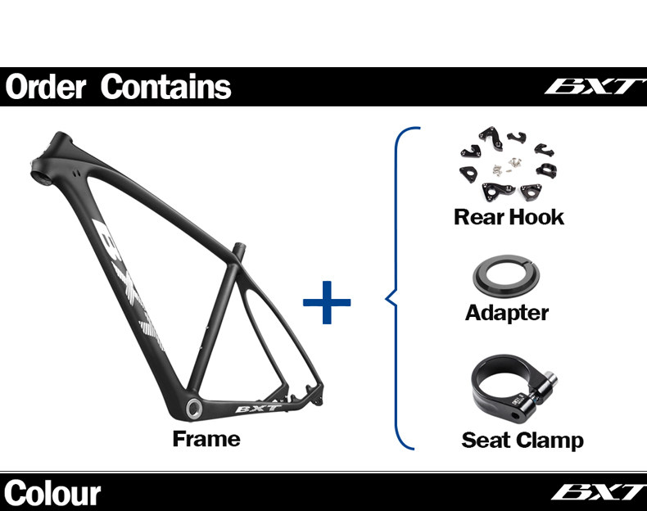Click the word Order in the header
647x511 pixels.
(45, 87)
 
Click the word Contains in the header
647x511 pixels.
(165, 87)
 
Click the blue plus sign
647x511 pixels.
(327, 302)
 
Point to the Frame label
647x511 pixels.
(206, 439)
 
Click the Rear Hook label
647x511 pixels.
(509, 217)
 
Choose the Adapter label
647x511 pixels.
(507, 312)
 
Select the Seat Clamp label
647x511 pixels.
(523, 440)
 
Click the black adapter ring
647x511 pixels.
(508, 276)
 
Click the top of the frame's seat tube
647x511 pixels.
(238, 247)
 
